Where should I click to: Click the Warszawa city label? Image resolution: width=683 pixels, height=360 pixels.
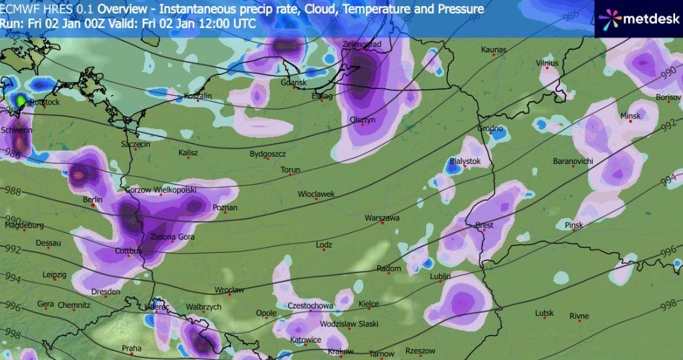[382, 218]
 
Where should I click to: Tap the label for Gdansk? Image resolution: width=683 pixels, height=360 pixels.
[294, 83]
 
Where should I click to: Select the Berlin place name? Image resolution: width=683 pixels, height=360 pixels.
[92, 200]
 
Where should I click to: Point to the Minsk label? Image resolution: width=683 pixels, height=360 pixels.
[630, 116]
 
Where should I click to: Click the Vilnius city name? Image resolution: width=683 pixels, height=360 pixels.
[547, 62]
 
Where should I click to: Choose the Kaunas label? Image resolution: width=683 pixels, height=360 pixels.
[494, 50]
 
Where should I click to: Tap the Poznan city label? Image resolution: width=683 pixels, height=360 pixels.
[225, 208]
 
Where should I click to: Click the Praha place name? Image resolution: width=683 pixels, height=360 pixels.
[132, 348]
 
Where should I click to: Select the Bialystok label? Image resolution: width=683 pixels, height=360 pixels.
[466, 162]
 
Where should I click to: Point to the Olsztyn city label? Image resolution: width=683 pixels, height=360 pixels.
[363, 119]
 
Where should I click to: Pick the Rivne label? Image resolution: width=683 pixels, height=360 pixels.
[579, 316]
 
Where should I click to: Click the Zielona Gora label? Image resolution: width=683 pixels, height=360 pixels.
[172, 237]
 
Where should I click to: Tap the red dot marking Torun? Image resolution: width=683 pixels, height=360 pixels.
[291, 177]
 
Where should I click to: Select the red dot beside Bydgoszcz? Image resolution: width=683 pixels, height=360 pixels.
[268, 159]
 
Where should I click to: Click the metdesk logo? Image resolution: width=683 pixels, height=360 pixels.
[636, 19]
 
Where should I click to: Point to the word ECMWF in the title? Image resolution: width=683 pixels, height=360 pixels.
[19, 9]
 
